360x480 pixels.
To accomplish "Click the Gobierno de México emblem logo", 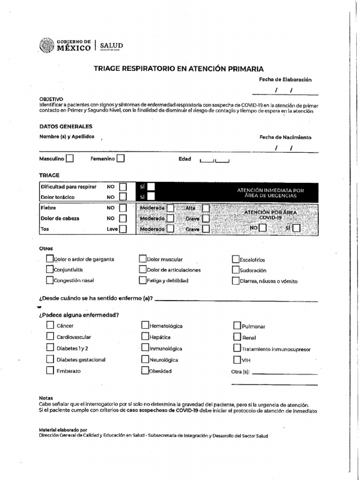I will pyautogui.click(x=47, y=45).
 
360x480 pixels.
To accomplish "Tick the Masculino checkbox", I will pyautogui.click(x=69, y=158).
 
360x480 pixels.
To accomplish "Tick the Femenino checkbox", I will pyautogui.click(x=120, y=158).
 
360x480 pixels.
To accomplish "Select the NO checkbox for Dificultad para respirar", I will pyautogui.click(x=123, y=187).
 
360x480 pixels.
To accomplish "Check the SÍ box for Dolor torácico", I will pyautogui.click(x=151, y=197).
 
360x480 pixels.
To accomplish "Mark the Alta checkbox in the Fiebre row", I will pyautogui.click(x=206, y=208).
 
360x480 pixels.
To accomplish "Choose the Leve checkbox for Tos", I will pyautogui.click(x=123, y=229).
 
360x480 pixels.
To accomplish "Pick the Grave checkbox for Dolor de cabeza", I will pyautogui.click(x=206, y=218).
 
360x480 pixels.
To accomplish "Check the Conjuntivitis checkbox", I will pyautogui.click(x=50, y=270).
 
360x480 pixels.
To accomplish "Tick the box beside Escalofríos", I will pyautogui.click(x=236, y=259).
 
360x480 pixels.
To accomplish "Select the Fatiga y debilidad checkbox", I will pyautogui.click(x=143, y=280).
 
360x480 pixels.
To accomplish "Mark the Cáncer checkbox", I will pyautogui.click(x=50, y=325).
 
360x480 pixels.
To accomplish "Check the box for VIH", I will pyautogui.click(x=237, y=360).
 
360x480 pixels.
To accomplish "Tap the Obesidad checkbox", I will pyautogui.click(x=145, y=371).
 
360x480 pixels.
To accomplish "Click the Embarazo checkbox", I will pyautogui.click(x=50, y=370).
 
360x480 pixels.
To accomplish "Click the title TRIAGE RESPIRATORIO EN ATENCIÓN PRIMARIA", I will pyautogui.click(x=179, y=68).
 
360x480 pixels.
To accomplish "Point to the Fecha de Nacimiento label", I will pyautogui.click(x=285, y=137).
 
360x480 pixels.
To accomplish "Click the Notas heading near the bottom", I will pyautogui.click(x=46, y=398).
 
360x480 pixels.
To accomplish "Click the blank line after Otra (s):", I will pyautogui.click(x=284, y=374).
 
